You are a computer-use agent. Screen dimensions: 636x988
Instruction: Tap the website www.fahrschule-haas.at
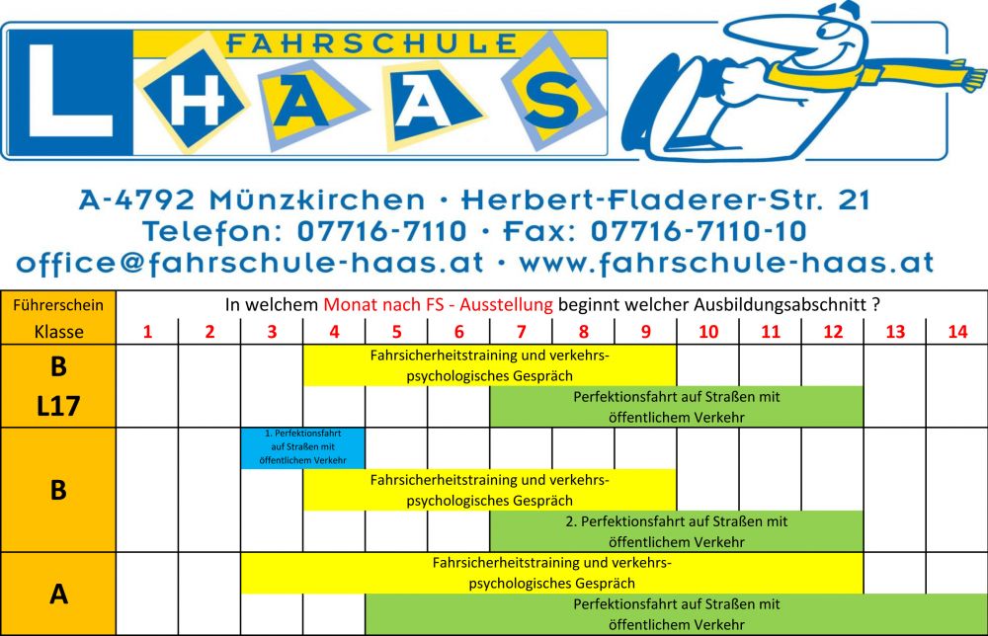tap(726, 264)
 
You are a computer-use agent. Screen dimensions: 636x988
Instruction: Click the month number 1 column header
tap(148, 332)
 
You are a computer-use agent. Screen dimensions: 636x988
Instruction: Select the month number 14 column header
tap(956, 332)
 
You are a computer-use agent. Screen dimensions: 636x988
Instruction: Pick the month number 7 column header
tap(522, 332)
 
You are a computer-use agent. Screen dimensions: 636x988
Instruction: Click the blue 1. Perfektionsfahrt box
tap(302, 447)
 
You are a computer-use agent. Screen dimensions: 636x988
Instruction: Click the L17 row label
tap(59, 407)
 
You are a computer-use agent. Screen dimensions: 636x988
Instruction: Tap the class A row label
tap(59, 594)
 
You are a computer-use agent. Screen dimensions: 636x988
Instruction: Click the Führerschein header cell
tap(59, 305)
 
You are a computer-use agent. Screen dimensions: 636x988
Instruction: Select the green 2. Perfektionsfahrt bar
tap(676, 531)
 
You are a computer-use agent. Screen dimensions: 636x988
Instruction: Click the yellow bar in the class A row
tap(551, 573)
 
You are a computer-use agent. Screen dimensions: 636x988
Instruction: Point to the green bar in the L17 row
tap(676, 407)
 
